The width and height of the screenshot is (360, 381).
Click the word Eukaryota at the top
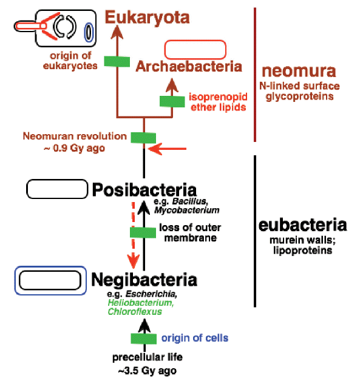pos(148,18)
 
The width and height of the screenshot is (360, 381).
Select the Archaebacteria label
pos(189,66)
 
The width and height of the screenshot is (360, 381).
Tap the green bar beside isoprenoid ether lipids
pos(172,101)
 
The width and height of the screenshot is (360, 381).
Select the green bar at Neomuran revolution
pos(144,137)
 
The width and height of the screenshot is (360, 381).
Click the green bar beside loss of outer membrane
pos(143,232)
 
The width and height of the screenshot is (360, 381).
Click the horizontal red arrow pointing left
pos(171,148)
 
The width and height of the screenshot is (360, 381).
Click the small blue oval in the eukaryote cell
pos(89,32)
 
